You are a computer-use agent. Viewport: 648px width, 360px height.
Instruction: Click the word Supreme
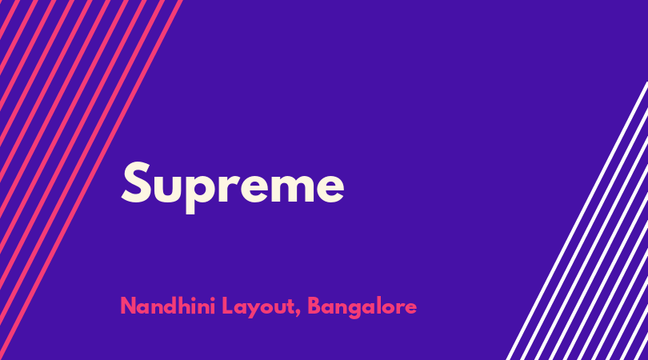pyautogui.click(x=233, y=187)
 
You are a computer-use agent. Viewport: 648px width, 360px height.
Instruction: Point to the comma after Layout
pyautogui.click(x=298, y=314)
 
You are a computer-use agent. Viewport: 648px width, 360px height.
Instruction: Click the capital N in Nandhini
pyautogui.click(x=128, y=306)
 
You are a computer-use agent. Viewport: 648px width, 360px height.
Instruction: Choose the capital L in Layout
pyautogui.click(x=227, y=306)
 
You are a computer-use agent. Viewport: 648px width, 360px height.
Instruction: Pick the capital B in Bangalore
pyautogui.click(x=314, y=306)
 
